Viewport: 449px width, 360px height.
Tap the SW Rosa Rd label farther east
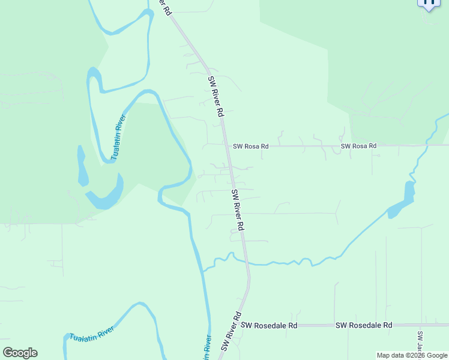point(358,146)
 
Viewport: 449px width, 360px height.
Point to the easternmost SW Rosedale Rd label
point(364,325)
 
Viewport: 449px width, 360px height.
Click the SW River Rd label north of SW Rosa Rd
point(216,96)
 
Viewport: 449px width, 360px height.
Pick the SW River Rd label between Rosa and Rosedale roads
point(238,210)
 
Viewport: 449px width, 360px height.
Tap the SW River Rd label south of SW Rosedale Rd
point(231,331)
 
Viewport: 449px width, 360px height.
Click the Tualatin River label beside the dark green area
point(119,138)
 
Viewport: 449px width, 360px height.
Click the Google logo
point(20,353)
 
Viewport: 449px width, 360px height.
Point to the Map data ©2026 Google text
point(412,355)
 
